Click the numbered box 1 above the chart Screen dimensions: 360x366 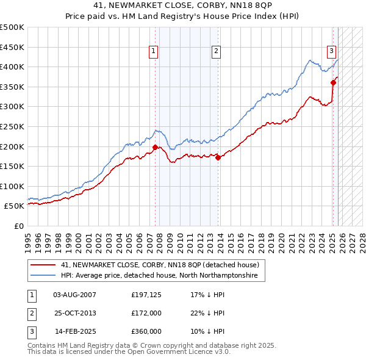tap(152, 52)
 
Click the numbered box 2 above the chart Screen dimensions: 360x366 tap(217, 52)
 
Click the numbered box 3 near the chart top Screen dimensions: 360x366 tap(331, 51)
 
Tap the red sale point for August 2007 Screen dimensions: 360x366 tap(155, 147)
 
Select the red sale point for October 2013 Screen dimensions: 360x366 tap(218, 157)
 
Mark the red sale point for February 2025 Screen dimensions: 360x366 tap(333, 82)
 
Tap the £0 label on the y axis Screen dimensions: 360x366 tap(18, 226)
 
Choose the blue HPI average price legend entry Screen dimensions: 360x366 tap(159, 276)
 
